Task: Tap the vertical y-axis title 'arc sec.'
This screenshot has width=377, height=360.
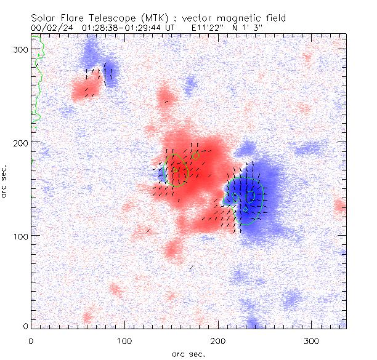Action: point(5,180)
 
